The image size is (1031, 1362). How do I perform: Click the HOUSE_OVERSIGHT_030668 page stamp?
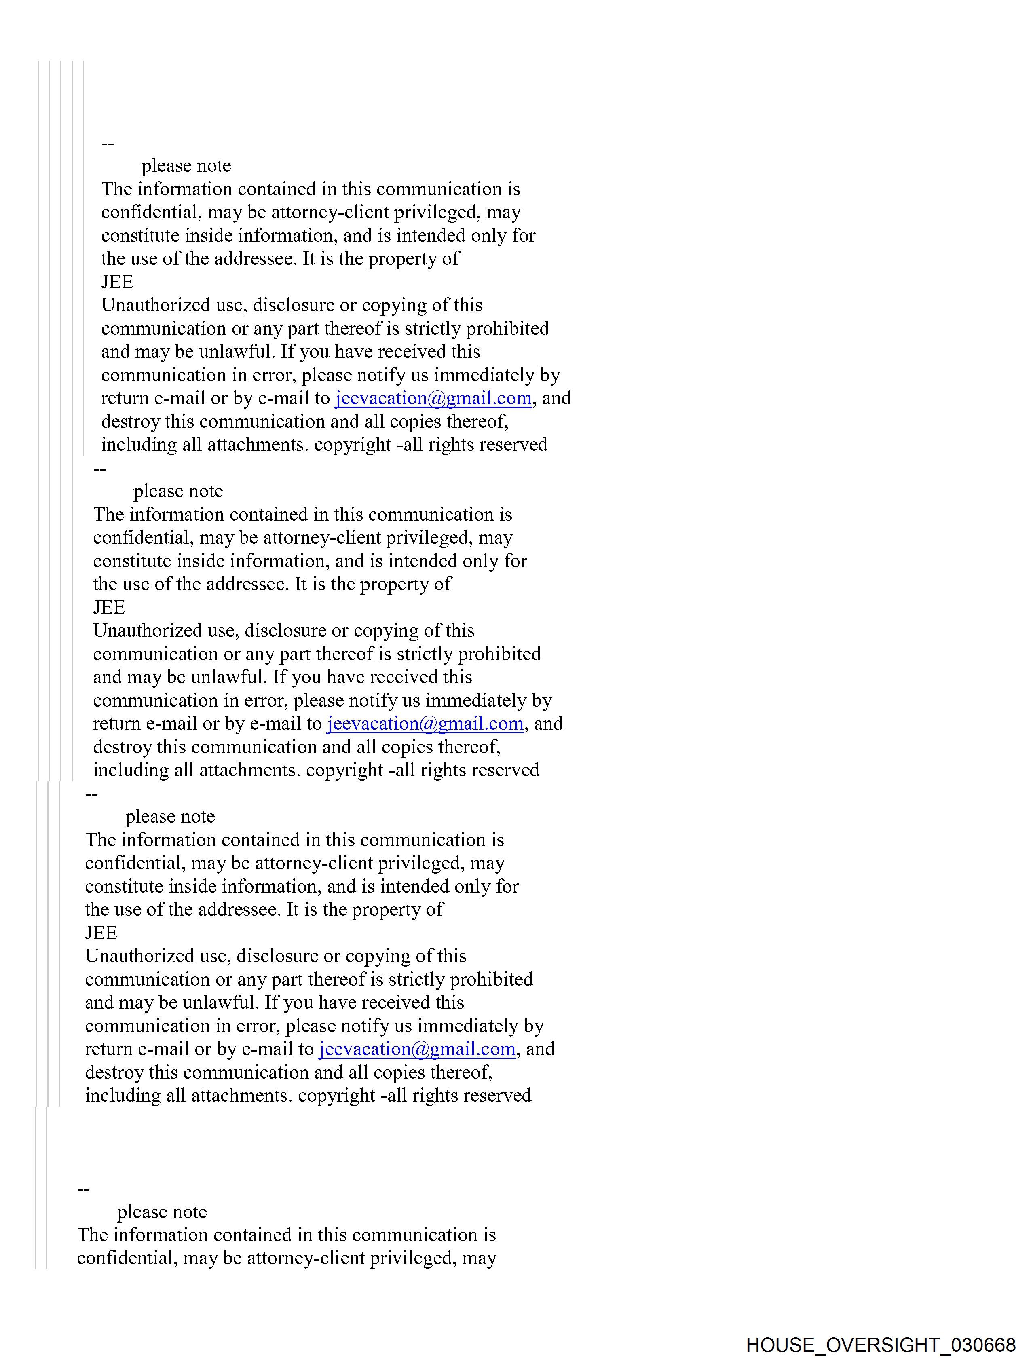(881, 1344)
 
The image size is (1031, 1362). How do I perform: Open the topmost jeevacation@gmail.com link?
(433, 398)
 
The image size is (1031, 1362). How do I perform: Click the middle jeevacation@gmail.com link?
(425, 724)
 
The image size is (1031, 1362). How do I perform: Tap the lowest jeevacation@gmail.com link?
(417, 1049)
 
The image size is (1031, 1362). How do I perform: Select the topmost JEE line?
(117, 282)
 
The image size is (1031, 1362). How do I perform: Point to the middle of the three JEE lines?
(109, 608)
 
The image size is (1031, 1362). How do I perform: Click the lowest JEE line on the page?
(101, 933)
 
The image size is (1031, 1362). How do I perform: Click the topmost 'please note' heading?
(186, 166)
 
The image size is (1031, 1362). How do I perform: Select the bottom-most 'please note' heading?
(162, 1212)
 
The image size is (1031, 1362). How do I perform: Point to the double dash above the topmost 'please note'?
(108, 144)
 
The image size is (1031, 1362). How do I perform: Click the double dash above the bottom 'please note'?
(84, 1190)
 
